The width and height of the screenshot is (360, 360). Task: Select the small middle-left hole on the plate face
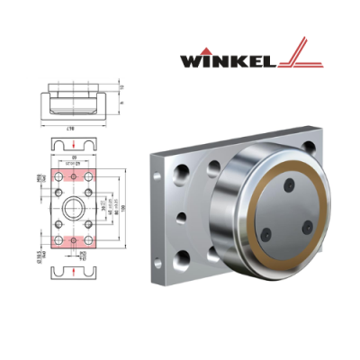pyautogui.click(x=181, y=217)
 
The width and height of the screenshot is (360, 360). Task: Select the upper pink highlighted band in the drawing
pyautogui.click(x=71, y=173)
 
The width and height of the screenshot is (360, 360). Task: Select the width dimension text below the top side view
pyautogui.click(x=71, y=130)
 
